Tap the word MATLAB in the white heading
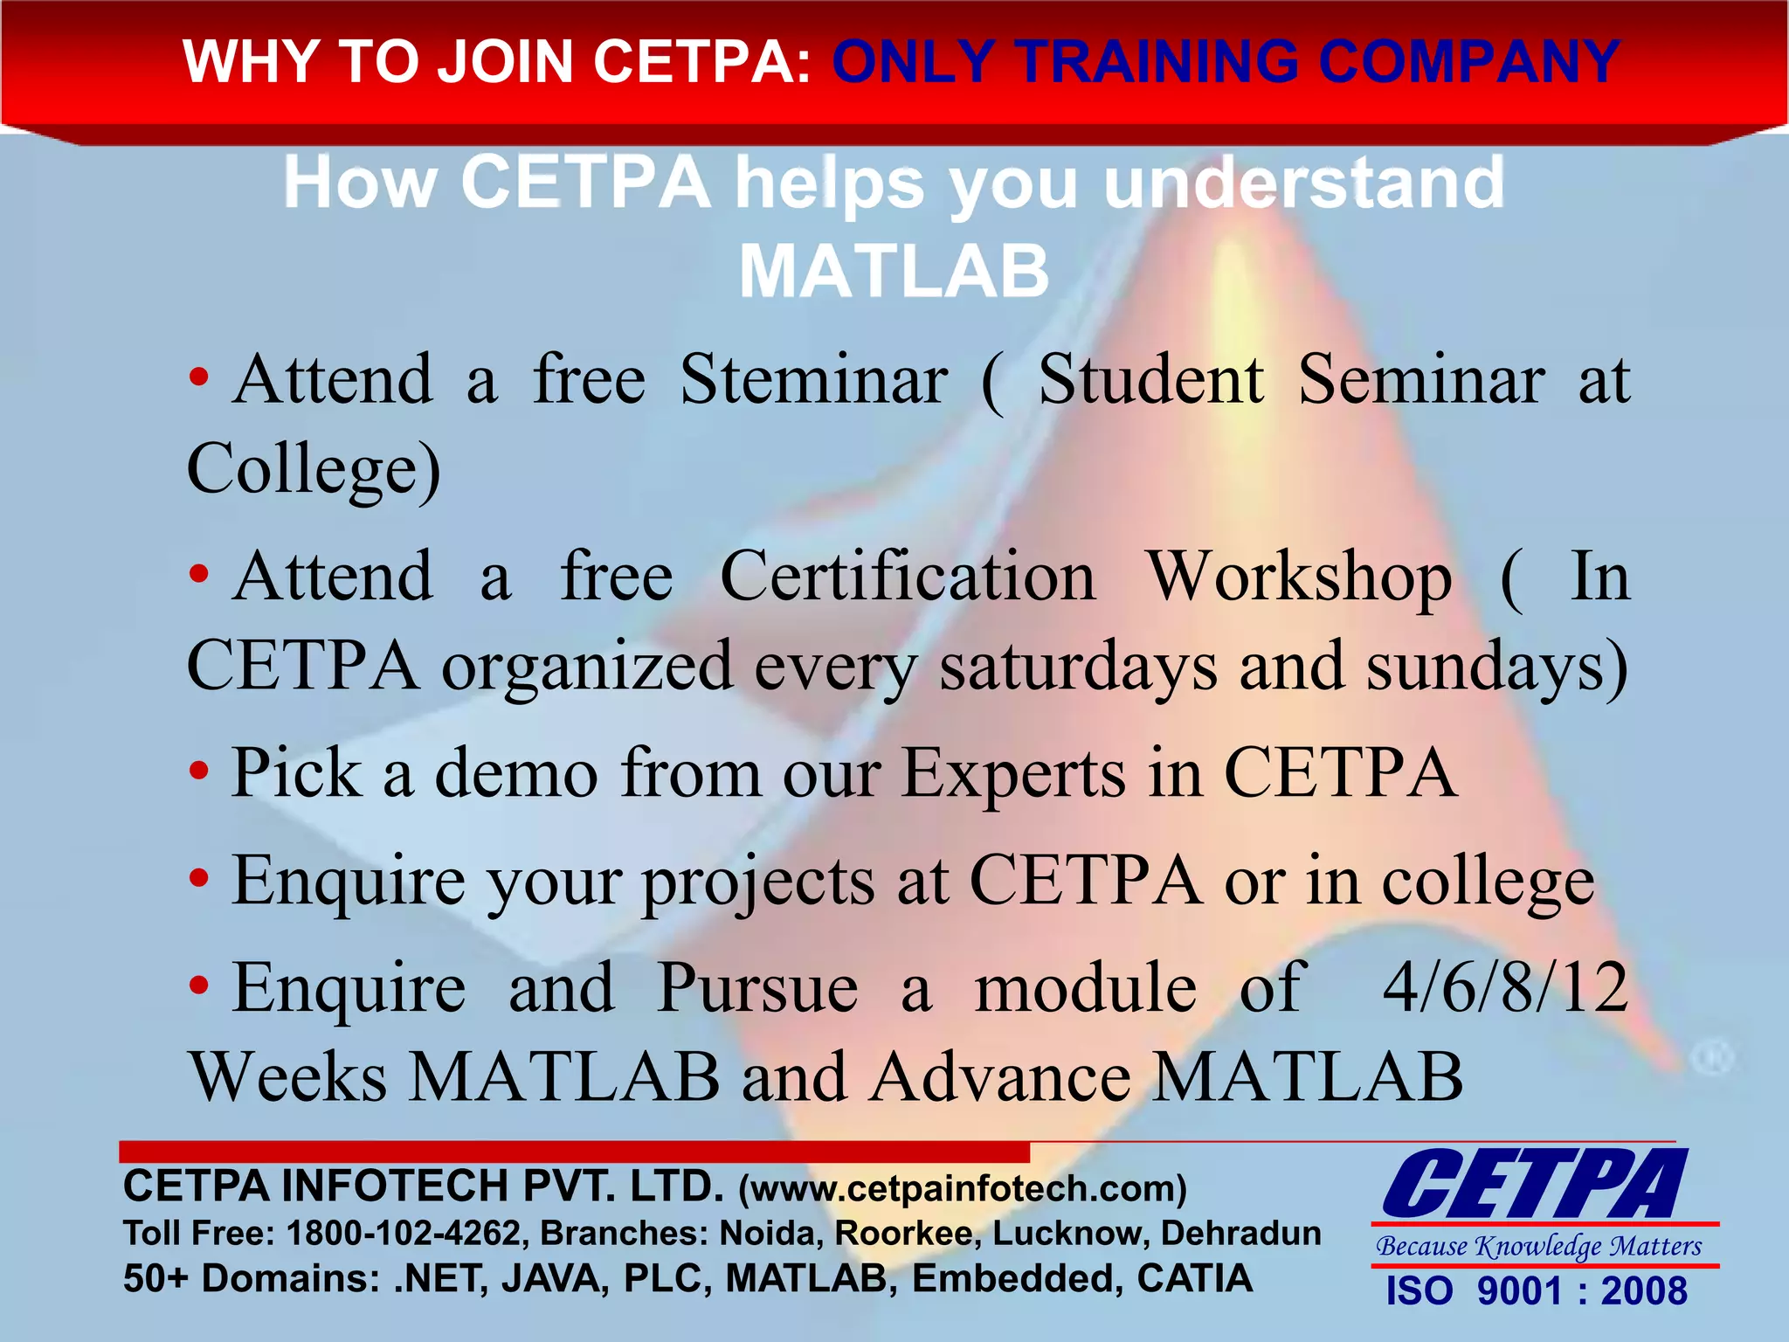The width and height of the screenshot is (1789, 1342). click(x=894, y=272)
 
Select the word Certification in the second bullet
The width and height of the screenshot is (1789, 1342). click(x=908, y=578)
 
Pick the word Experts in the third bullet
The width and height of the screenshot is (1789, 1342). click(x=1013, y=774)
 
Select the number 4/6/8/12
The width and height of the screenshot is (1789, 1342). click(x=1506, y=987)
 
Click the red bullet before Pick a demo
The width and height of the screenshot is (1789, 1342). click(x=200, y=771)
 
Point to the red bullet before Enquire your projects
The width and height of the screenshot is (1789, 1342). click(x=200, y=879)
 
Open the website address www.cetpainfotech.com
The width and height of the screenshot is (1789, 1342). click(x=963, y=1188)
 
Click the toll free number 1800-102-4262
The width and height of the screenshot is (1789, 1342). click(x=404, y=1233)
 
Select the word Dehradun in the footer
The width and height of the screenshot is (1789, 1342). click(x=1240, y=1233)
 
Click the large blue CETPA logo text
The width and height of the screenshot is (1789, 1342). click(x=1535, y=1184)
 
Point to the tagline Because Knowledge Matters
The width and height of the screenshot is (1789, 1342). click(x=1538, y=1245)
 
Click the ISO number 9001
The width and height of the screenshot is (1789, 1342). click(x=1518, y=1291)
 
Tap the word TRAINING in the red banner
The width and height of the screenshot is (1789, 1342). click(x=1159, y=62)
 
